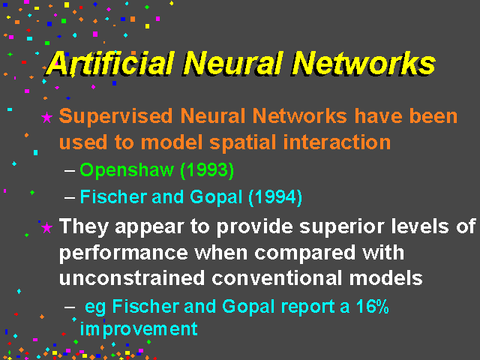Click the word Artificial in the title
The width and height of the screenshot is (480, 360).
(x=110, y=63)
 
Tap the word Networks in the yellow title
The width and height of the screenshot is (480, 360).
(x=363, y=63)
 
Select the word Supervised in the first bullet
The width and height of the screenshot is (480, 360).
(x=115, y=117)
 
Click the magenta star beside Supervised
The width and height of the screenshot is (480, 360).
(x=46, y=118)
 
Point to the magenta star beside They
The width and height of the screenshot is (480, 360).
(x=46, y=228)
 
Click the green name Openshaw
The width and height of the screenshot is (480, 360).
(x=127, y=170)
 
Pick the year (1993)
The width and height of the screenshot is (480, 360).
(x=207, y=170)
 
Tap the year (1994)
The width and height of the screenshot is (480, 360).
(x=275, y=196)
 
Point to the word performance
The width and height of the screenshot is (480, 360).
(x=123, y=253)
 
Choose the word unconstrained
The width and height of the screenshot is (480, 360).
(x=132, y=278)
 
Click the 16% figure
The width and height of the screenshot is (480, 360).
(x=372, y=307)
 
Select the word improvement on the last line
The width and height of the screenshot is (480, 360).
(x=139, y=329)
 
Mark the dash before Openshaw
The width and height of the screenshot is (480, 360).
(x=70, y=170)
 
